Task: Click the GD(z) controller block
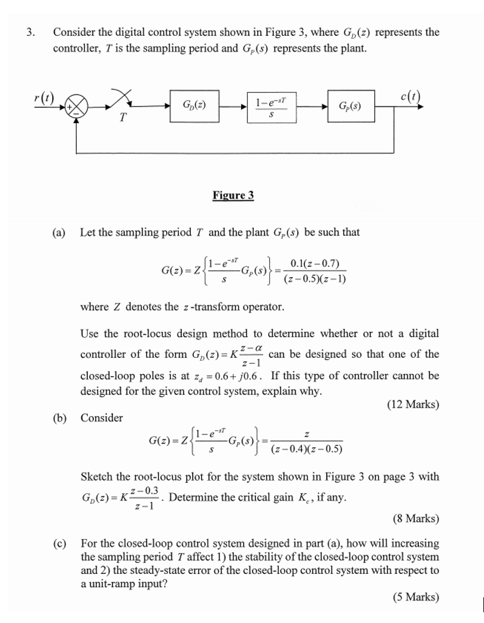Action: pos(194,106)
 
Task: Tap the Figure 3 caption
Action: pos(233,196)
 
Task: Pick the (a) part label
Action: pos(59,232)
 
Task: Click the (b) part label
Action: pos(59,418)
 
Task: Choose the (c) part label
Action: pos(59,544)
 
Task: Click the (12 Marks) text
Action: pos(413,405)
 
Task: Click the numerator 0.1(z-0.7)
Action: pos(315,264)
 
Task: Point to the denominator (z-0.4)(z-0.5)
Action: pos(306,449)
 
